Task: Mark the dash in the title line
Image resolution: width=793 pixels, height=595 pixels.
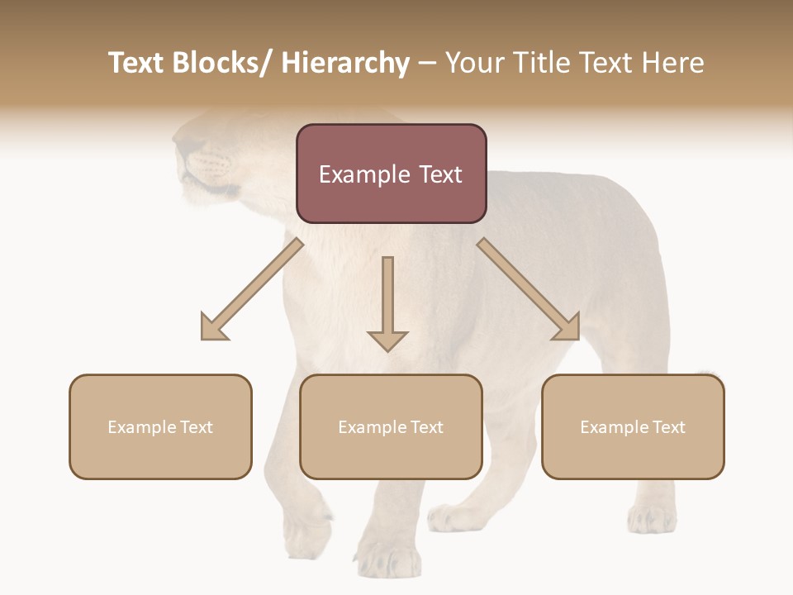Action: pyautogui.click(x=427, y=63)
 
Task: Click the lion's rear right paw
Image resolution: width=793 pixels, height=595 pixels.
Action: pyautogui.click(x=652, y=519)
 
